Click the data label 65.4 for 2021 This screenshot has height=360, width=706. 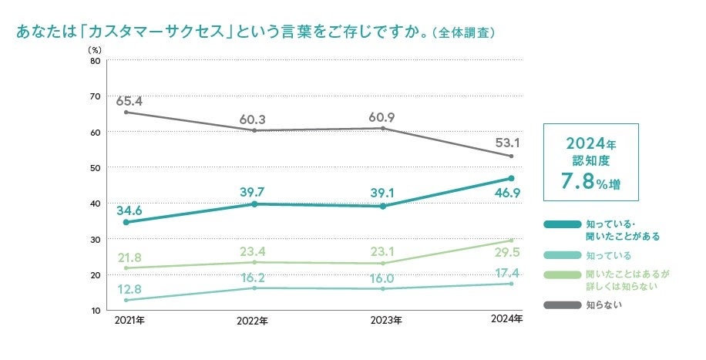point(129,101)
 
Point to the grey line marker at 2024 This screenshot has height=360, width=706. point(511,156)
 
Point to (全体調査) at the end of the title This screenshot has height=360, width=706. point(463,34)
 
